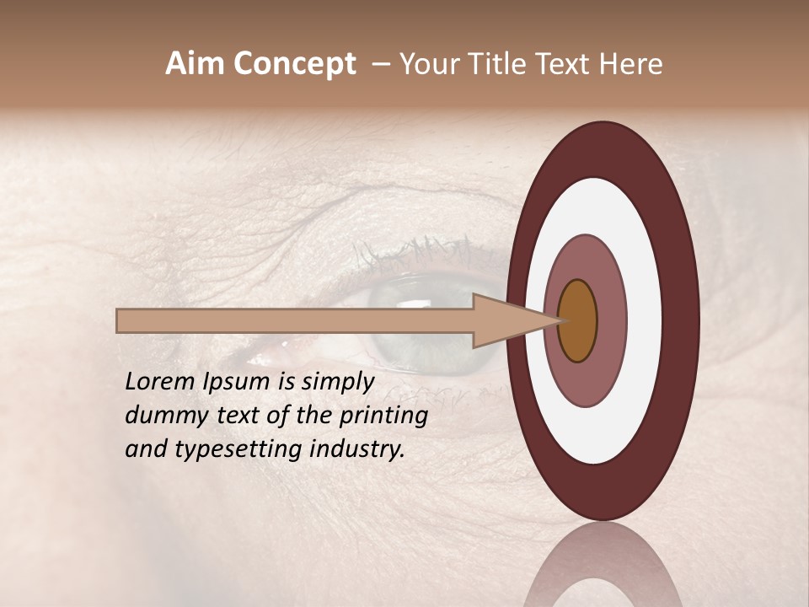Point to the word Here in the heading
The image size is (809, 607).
tap(630, 64)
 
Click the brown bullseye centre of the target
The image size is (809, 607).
tap(578, 320)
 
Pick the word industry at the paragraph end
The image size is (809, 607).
tap(357, 450)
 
